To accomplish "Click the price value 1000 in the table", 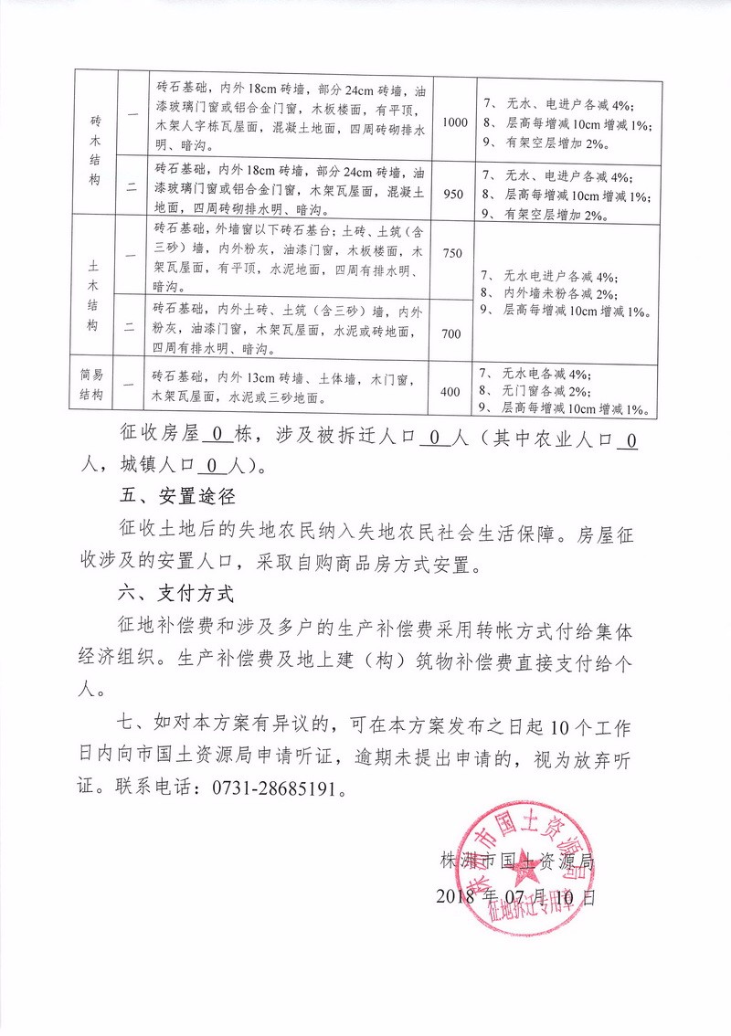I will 454,122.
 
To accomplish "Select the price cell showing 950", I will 454,194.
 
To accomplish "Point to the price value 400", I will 450,392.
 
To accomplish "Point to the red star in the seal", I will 524,864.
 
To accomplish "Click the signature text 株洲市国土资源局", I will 517,861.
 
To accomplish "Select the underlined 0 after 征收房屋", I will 217,435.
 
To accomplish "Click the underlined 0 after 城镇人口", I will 211,467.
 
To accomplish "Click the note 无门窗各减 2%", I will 549,391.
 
